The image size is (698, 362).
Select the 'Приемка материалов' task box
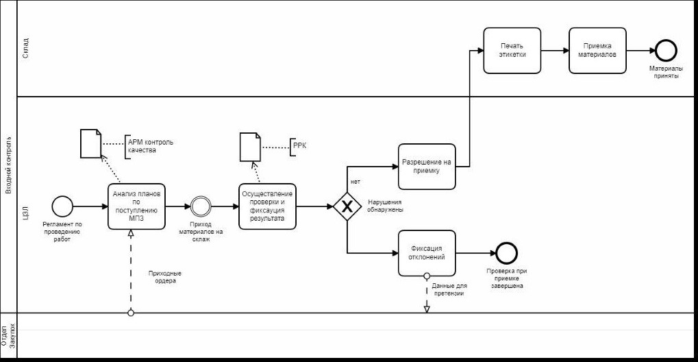coord(598,50)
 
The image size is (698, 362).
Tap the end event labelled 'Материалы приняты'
coord(666,50)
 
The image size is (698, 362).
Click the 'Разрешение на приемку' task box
coord(427,167)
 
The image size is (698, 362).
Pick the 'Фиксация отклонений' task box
coord(427,253)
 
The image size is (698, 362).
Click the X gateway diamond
coord(347,206)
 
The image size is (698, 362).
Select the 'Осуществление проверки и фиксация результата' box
coord(267,206)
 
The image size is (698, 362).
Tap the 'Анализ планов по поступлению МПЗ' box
coord(136,206)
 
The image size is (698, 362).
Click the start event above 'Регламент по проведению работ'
coord(62,206)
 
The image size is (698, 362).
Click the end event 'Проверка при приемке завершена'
coord(506,253)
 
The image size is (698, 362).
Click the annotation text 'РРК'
coord(299,145)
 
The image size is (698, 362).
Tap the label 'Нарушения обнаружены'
coord(386,206)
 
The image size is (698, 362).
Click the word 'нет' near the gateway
coord(355,182)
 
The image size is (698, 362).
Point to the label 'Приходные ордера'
coord(164,276)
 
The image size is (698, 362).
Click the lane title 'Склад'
coord(25,49)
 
